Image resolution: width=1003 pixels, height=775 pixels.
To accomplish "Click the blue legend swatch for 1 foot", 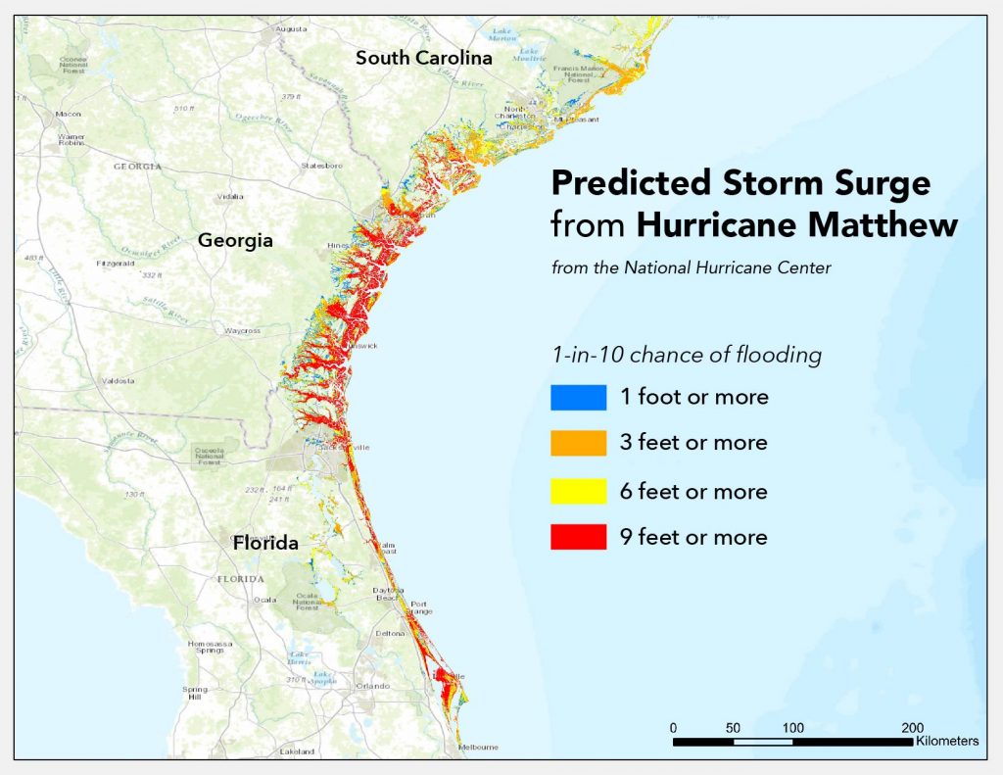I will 578,397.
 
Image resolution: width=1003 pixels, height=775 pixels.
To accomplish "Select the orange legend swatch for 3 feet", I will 578,443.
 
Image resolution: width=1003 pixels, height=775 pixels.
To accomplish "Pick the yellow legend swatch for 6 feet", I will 578,491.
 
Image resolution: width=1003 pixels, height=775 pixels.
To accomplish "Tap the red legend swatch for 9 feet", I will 578,537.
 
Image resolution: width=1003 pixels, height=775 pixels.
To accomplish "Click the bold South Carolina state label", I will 423,58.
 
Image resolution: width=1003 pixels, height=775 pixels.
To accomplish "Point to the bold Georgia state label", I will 235,240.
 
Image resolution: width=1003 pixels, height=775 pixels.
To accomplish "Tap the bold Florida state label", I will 265,543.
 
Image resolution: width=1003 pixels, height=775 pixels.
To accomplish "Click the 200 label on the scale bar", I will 912,728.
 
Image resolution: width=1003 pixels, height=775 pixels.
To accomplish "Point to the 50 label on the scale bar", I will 733,728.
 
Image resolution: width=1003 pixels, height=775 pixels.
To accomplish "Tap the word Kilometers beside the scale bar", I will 946,742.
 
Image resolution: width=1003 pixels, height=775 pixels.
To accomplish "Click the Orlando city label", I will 372,686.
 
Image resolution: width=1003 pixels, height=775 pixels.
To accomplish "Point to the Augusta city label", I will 291,29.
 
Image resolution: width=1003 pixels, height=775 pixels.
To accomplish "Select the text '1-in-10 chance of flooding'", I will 686,355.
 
